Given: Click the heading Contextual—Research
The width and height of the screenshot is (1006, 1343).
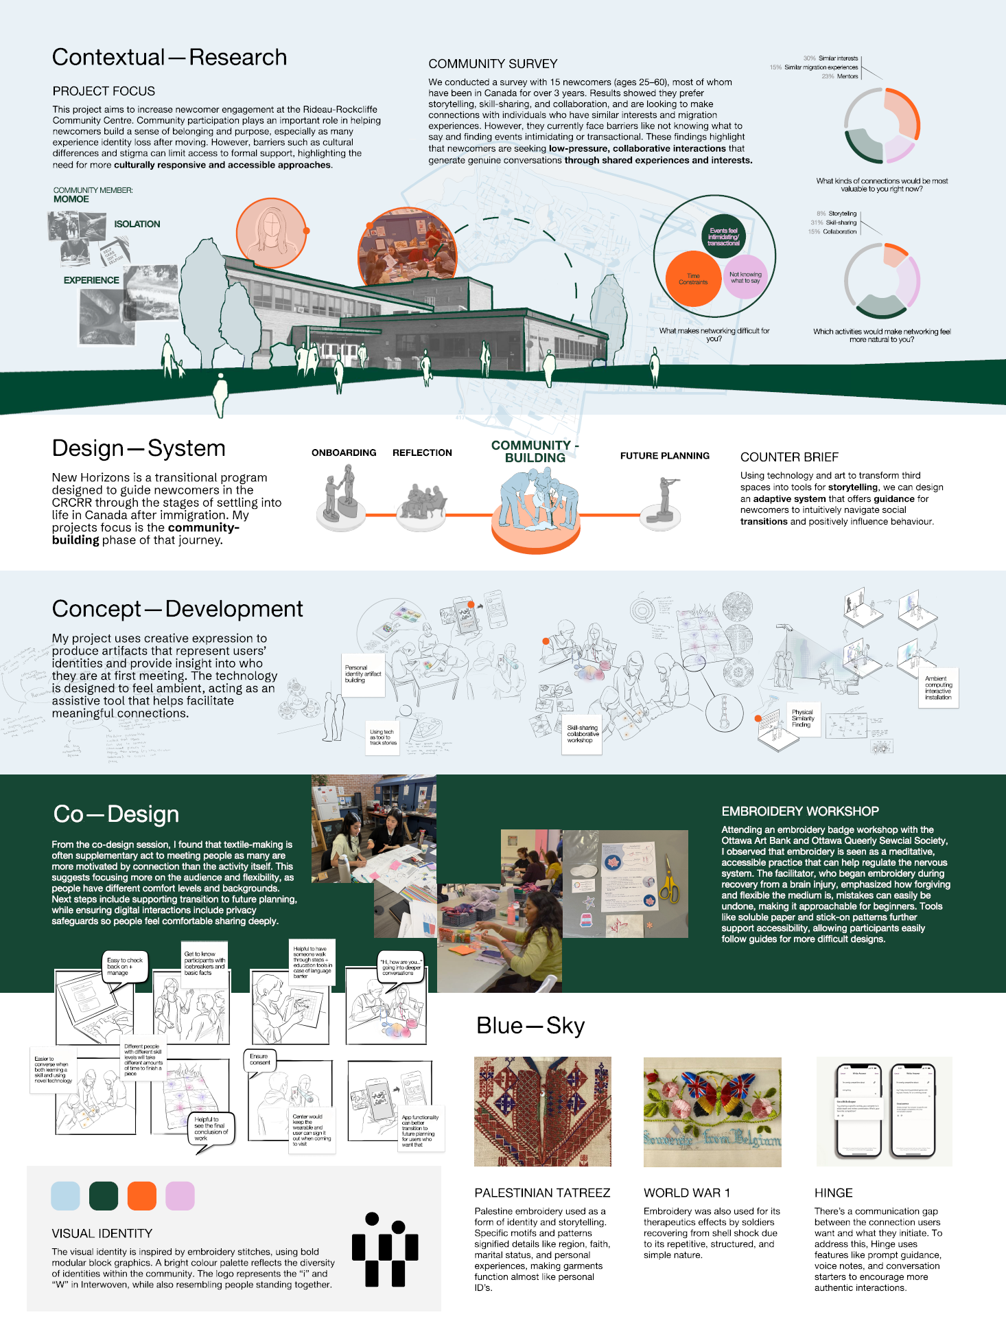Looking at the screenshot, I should point(169,58).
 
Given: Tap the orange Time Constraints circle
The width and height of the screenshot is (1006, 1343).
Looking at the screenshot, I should point(693,279).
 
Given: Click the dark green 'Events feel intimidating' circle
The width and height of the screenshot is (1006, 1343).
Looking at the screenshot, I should point(724,237).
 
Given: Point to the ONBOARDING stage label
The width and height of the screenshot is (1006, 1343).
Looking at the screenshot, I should point(344,453).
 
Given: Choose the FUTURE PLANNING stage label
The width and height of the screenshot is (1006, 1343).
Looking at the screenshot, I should point(664,456).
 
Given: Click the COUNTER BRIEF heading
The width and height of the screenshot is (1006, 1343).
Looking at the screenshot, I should point(789,457).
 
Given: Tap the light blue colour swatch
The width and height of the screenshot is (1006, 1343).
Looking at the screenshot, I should point(65,1196).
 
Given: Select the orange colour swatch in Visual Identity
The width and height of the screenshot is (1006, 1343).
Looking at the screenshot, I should point(142,1196).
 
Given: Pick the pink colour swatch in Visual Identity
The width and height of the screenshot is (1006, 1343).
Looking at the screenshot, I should point(180,1196).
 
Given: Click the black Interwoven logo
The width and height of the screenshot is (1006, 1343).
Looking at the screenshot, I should point(385,1250).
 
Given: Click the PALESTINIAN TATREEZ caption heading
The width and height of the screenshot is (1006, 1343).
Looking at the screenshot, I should point(542,1193).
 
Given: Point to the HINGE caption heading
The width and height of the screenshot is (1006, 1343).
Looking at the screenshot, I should point(833,1193).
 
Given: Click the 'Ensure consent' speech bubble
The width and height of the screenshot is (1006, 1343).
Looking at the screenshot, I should point(259,1059).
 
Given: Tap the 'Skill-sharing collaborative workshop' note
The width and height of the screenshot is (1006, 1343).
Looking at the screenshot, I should point(583,734).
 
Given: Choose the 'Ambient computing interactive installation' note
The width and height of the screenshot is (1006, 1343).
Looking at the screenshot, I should point(938,688).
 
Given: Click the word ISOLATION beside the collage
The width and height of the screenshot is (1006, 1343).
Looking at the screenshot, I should point(137,225).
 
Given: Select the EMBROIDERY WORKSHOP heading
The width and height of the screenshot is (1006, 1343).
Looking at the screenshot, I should point(800,812).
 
